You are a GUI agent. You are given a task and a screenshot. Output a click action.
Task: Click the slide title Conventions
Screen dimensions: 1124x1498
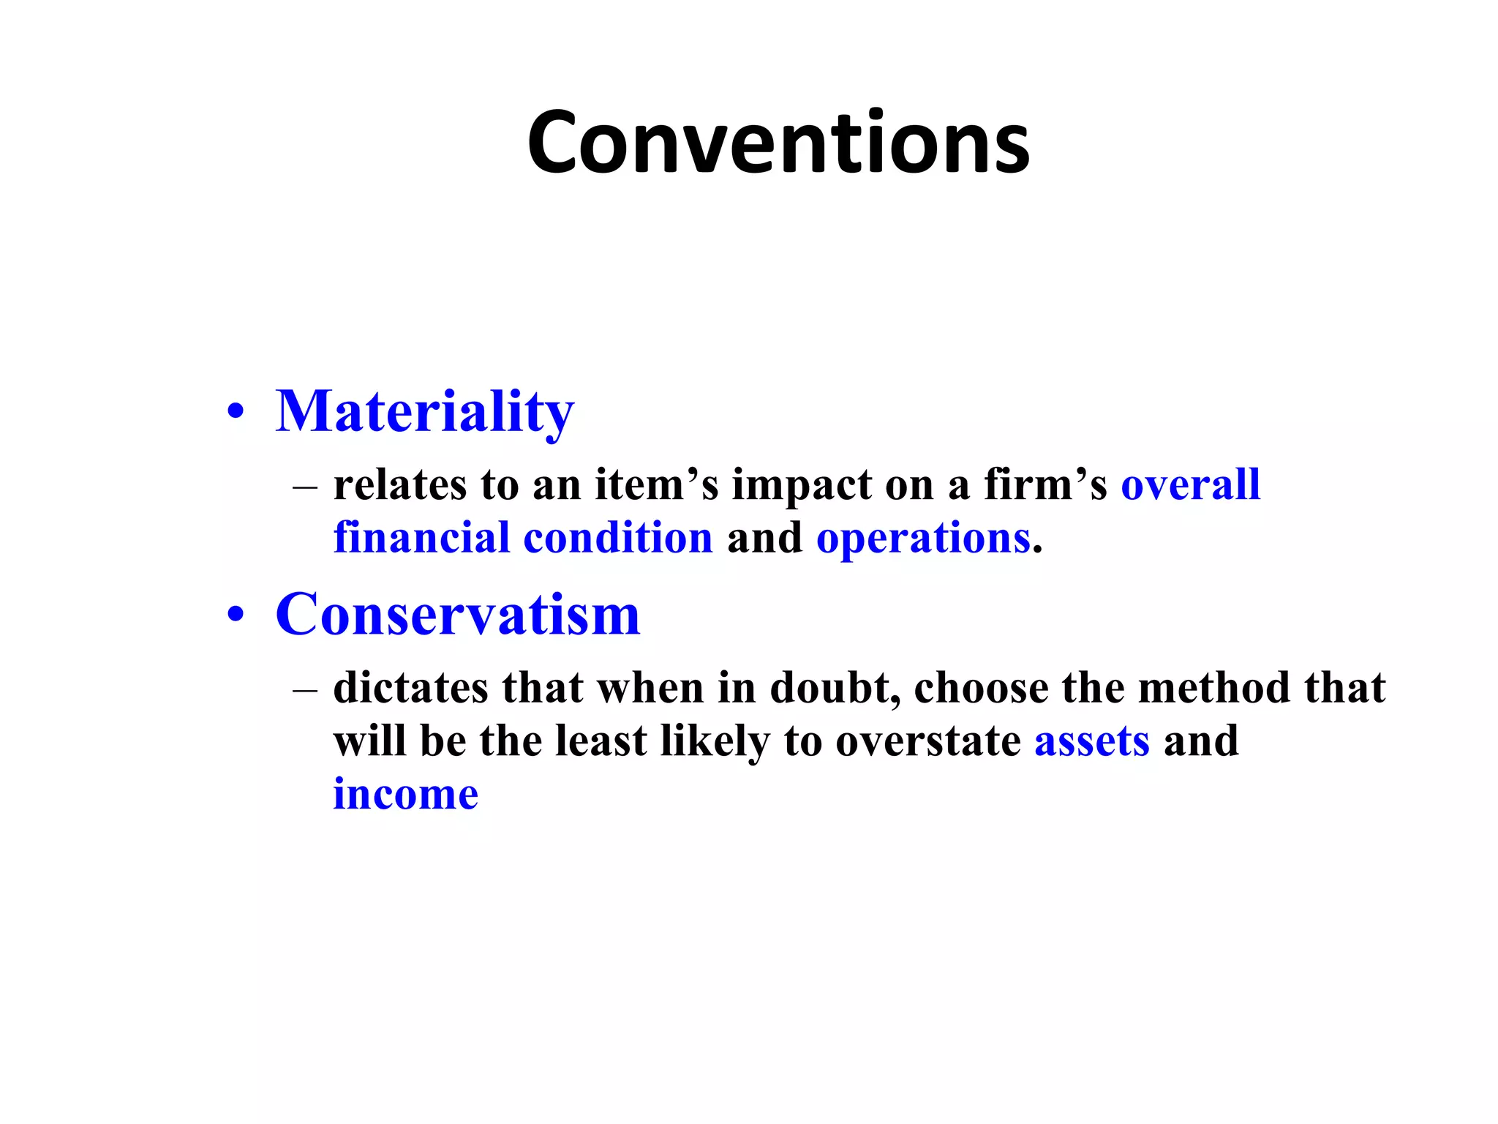tap(778, 143)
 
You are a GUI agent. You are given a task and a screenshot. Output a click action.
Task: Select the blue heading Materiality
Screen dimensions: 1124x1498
tap(425, 411)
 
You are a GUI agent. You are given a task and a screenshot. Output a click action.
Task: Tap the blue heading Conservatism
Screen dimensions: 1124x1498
tap(458, 615)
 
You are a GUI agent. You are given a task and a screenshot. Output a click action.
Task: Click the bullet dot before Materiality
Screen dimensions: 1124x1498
tap(236, 411)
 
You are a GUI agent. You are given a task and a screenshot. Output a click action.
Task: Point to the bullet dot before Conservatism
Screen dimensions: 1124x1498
tap(236, 615)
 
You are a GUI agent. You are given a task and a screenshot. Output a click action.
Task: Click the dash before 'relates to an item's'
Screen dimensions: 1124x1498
tap(305, 487)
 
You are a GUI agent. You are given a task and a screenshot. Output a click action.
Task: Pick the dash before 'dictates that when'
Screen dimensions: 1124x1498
tap(305, 690)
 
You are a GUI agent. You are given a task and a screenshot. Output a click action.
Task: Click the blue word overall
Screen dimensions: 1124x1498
tap(1190, 484)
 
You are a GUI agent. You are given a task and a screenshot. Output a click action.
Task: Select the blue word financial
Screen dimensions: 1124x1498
tap(421, 538)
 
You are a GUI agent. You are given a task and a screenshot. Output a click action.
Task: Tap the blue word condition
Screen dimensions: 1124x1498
tap(618, 538)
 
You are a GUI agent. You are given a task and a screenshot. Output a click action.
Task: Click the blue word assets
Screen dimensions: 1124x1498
tap(1091, 741)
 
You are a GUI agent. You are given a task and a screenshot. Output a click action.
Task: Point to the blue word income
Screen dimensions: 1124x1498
tap(406, 795)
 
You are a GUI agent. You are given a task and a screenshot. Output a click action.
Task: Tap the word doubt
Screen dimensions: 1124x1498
tap(834, 688)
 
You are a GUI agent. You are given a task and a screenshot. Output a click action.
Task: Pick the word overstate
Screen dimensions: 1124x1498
tap(927, 741)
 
